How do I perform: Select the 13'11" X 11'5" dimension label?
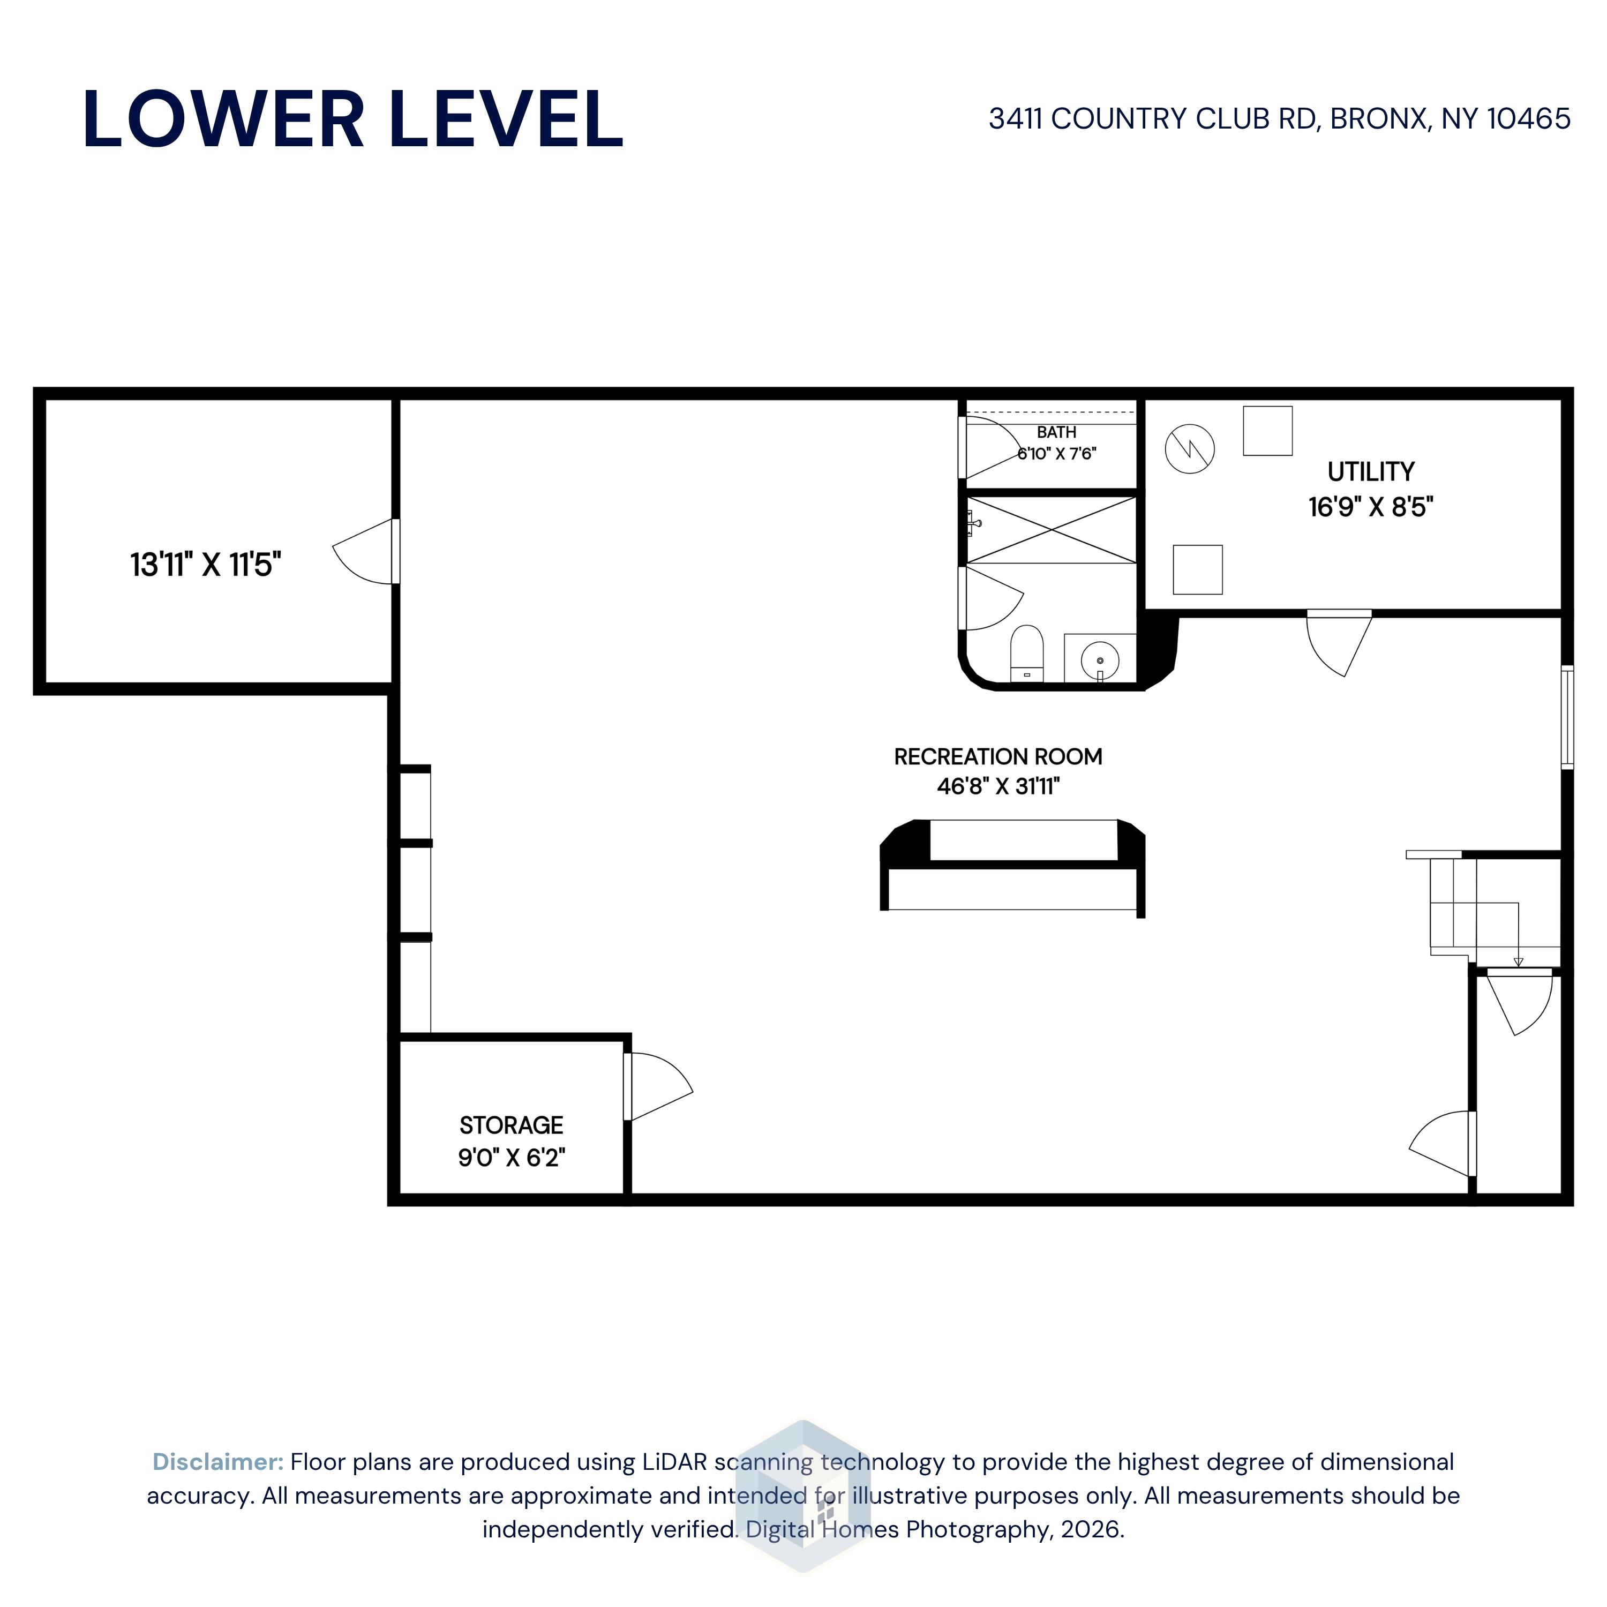[206, 565]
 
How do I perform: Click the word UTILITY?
[1371, 471]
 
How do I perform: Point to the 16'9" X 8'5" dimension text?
[1371, 507]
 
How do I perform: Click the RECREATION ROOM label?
[998, 757]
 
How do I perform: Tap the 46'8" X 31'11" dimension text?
[998, 786]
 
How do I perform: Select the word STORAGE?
[512, 1125]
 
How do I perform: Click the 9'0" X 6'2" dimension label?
[512, 1157]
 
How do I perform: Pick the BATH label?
[1056, 432]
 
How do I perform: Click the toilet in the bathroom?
[1027, 654]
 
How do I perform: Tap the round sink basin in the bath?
[1100, 661]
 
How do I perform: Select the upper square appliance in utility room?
[1267, 431]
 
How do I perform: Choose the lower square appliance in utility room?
[1198, 570]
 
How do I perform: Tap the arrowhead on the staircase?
[1518, 963]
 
